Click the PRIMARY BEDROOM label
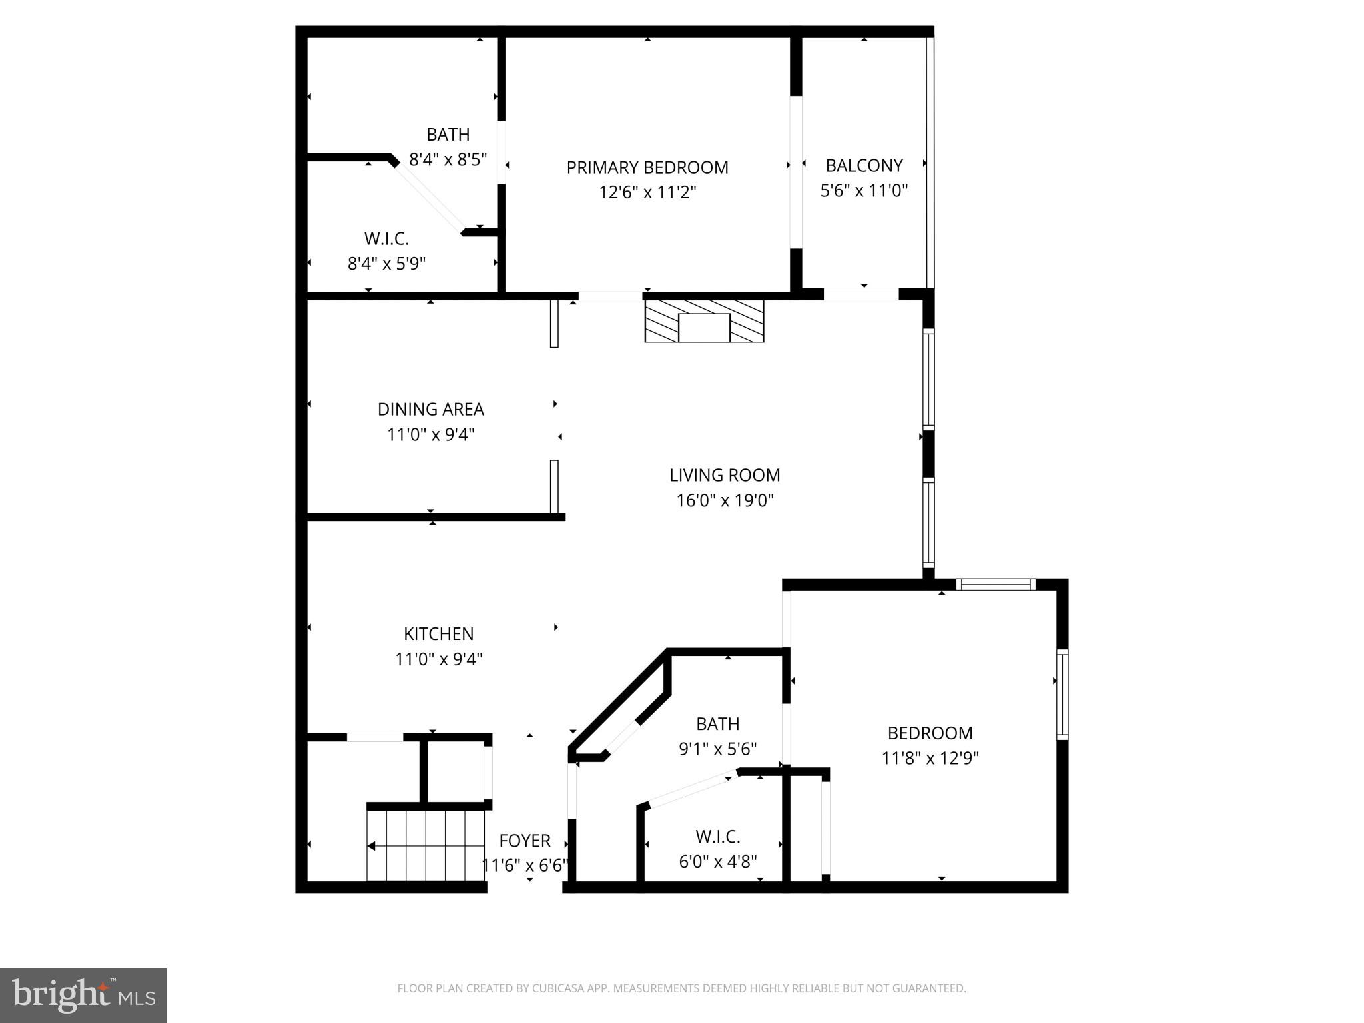(647, 167)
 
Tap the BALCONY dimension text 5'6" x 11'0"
(864, 191)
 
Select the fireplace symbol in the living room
(704, 321)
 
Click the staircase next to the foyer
(426, 845)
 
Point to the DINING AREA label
(430, 409)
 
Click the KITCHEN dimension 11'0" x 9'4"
(438, 659)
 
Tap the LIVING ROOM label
(725, 475)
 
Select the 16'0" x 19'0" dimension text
(725, 500)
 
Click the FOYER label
(525, 841)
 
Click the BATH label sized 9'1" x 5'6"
(718, 724)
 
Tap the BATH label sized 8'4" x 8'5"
(448, 135)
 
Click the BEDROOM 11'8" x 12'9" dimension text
(930, 759)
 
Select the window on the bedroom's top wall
(996, 585)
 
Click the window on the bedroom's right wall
(1062, 695)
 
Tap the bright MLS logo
(83, 996)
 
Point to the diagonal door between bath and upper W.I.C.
(429, 198)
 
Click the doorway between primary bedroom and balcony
(796, 172)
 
